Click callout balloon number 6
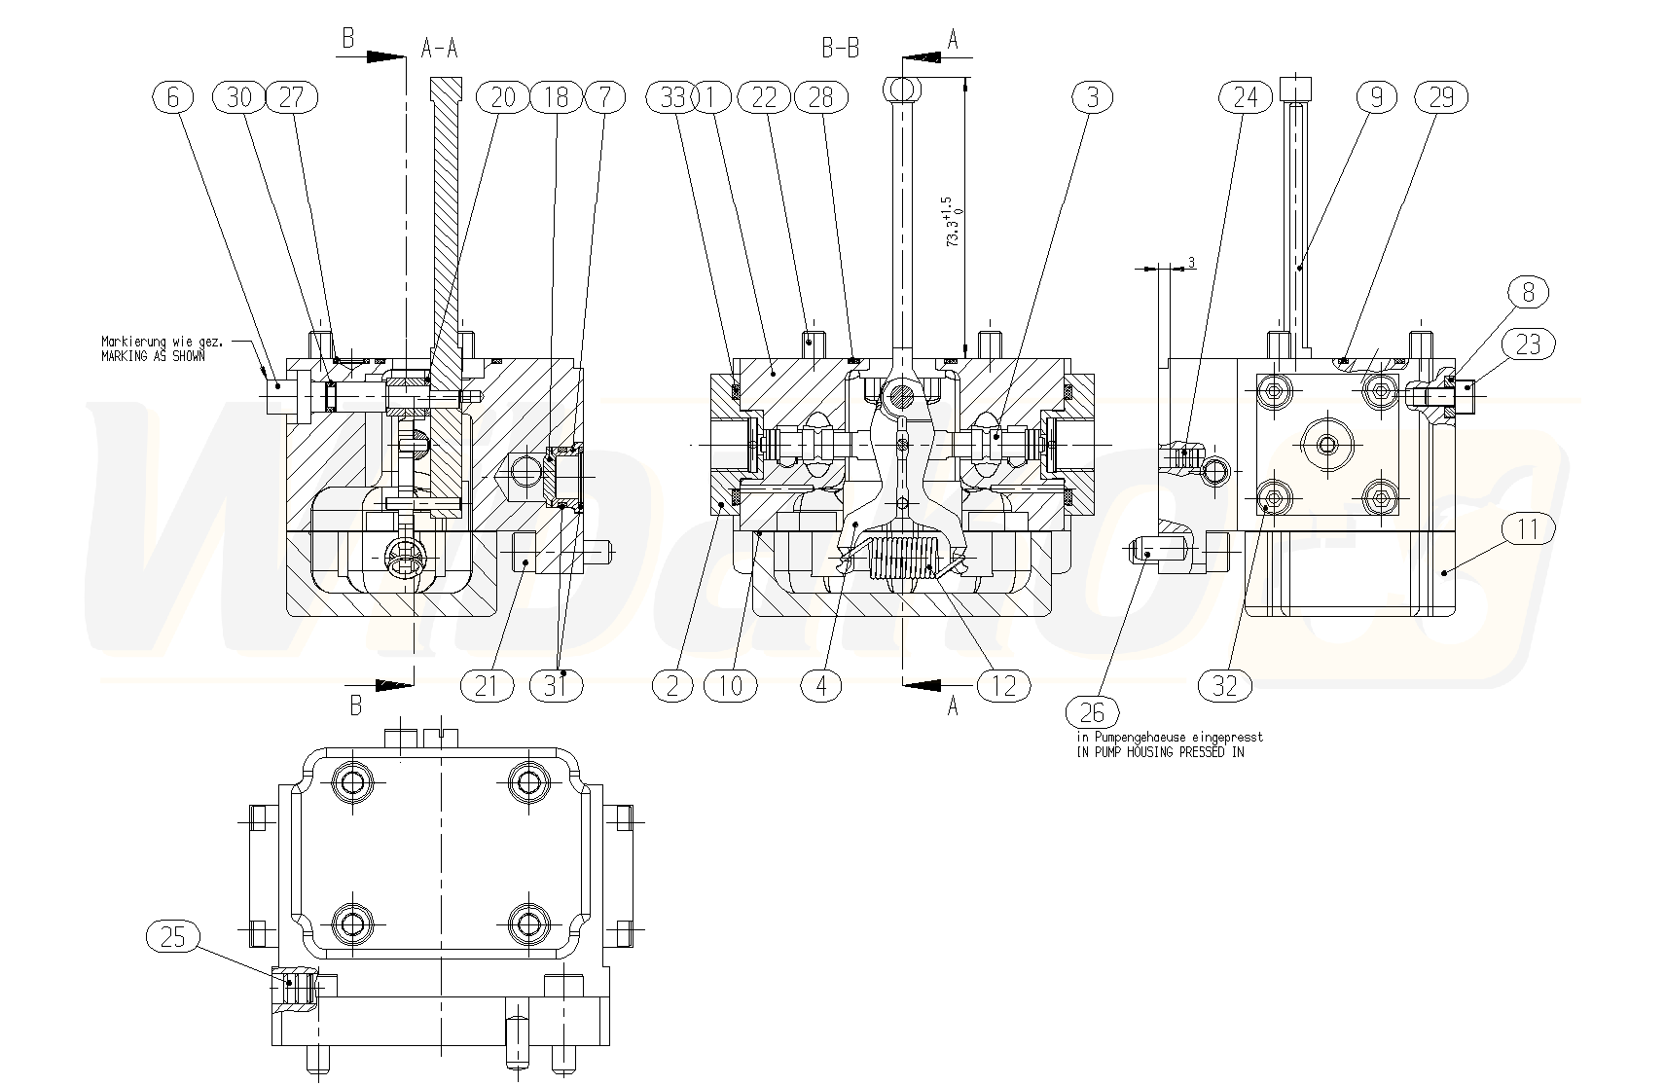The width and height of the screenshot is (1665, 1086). [x=173, y=97]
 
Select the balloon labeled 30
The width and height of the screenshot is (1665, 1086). [x=238, y=97]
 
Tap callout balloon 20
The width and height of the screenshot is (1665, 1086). [x=502, y=97]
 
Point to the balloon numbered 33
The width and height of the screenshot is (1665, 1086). [x=672, y=97]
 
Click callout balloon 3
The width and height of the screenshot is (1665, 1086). [x=1093, y=97]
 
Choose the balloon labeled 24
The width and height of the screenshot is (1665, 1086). [x=1246, y=97]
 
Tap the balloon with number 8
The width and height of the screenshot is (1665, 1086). [x=1529, y=292]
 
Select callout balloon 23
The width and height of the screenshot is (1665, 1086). [x=1529, y=344]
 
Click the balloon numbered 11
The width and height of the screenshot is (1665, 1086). [x=1529, y=529]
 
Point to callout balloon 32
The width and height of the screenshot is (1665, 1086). [x=1225, y=686]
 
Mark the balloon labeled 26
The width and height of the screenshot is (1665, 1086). [x=1092, y=712]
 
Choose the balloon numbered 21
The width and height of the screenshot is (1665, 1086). [x=487, y=686]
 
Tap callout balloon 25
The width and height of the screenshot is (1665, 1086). [x=172, y=937]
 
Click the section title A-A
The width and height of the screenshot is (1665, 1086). [x=440, y=48]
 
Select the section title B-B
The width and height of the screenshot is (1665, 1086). [x=840, y=48]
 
